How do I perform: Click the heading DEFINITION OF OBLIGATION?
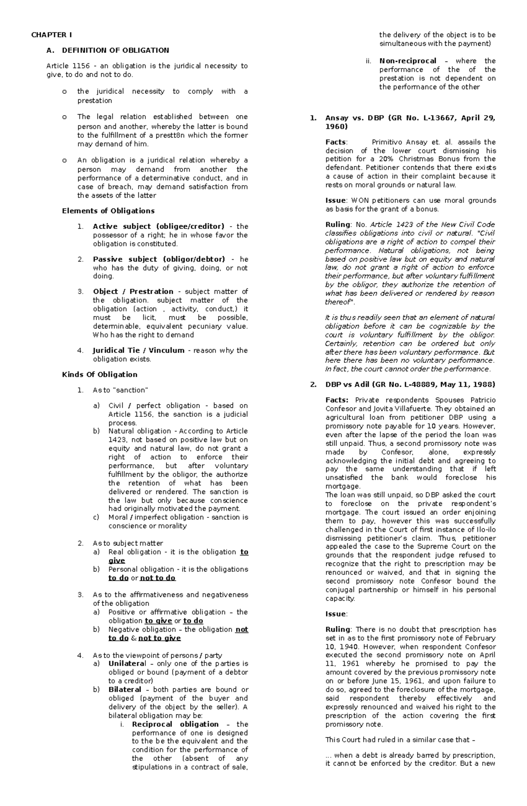(115, 50)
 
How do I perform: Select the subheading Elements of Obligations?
(108, 211)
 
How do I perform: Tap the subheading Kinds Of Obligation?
(99, 375)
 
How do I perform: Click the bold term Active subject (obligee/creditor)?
(158, 227)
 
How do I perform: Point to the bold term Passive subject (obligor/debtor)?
(159, 259)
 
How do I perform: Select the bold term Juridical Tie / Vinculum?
(138, 351)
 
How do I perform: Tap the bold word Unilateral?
(127, 664)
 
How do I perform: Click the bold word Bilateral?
(125, 690)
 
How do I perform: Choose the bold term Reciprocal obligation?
(175, 724)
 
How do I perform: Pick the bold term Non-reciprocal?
(408, 61)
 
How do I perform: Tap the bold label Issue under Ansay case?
(335, 201)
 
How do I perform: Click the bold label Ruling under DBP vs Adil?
(337, 629)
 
